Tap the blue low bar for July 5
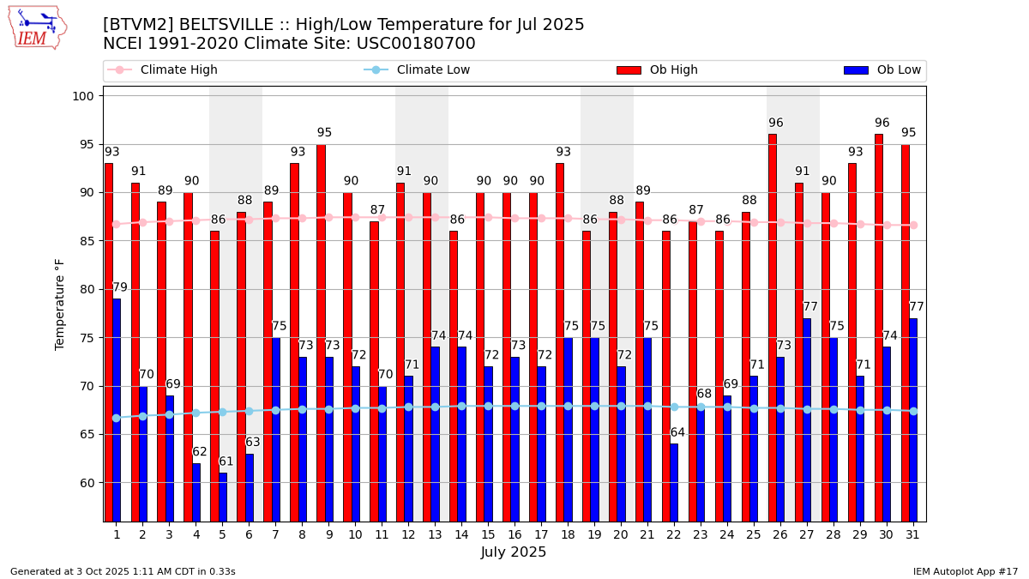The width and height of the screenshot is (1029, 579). point(223,497)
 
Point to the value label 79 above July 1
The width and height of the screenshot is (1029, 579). point(120,288)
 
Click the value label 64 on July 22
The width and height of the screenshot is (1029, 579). point(677,433)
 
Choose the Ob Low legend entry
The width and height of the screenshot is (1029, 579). point(882,70)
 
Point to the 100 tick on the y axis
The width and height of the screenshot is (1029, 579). point(83,96)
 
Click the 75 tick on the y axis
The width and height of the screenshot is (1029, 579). point(87,338)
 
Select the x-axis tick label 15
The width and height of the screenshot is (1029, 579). point(488,534)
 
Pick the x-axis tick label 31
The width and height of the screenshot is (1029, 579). point(912,534)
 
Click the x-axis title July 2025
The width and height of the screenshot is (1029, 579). point(514,552)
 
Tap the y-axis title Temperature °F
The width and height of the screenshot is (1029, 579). point(60,304)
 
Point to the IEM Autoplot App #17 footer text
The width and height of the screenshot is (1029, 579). point(965,571)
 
